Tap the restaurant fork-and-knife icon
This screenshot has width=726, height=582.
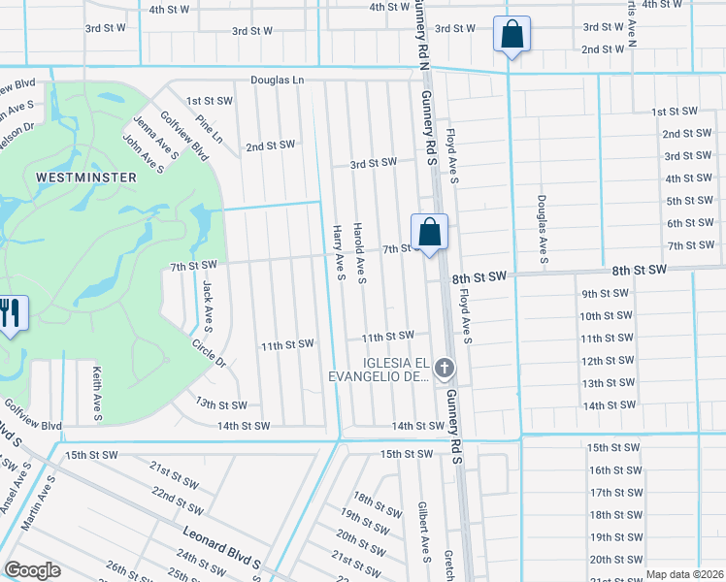[x=11, y=313]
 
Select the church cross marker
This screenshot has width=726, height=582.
[x=445, y=368]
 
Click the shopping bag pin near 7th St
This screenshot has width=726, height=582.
[x=429, y=233]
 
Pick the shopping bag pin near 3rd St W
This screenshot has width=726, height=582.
[x=511, y=35]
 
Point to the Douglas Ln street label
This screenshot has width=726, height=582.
[x=277, y=81]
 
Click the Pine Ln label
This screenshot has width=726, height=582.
[x=209, y=131]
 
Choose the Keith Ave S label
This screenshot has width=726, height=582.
[x=96, y=394]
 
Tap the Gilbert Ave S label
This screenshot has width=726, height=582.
[x=424, y=532]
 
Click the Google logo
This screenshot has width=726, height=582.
[x=32, y=570]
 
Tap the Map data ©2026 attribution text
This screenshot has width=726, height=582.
[x=683, y=574]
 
